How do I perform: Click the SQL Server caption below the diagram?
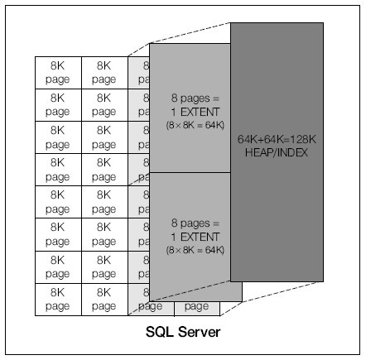tap(182, 333)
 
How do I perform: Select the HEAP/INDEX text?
tap(276, 154)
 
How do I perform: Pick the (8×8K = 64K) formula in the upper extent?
tap(189, 125)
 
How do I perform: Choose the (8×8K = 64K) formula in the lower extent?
tap(189, 250)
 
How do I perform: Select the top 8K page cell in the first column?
tap(58, 72)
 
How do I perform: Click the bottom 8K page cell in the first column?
tap(58, 299)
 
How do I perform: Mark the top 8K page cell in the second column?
tap(104, 72)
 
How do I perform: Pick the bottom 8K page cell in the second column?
tap(104, 299)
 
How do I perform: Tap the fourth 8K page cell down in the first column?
tap(58, 169)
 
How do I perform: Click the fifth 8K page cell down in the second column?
tap(104, 201)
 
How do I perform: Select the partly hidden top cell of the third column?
tap(138, 72)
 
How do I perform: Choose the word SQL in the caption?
tap(159, 333)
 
